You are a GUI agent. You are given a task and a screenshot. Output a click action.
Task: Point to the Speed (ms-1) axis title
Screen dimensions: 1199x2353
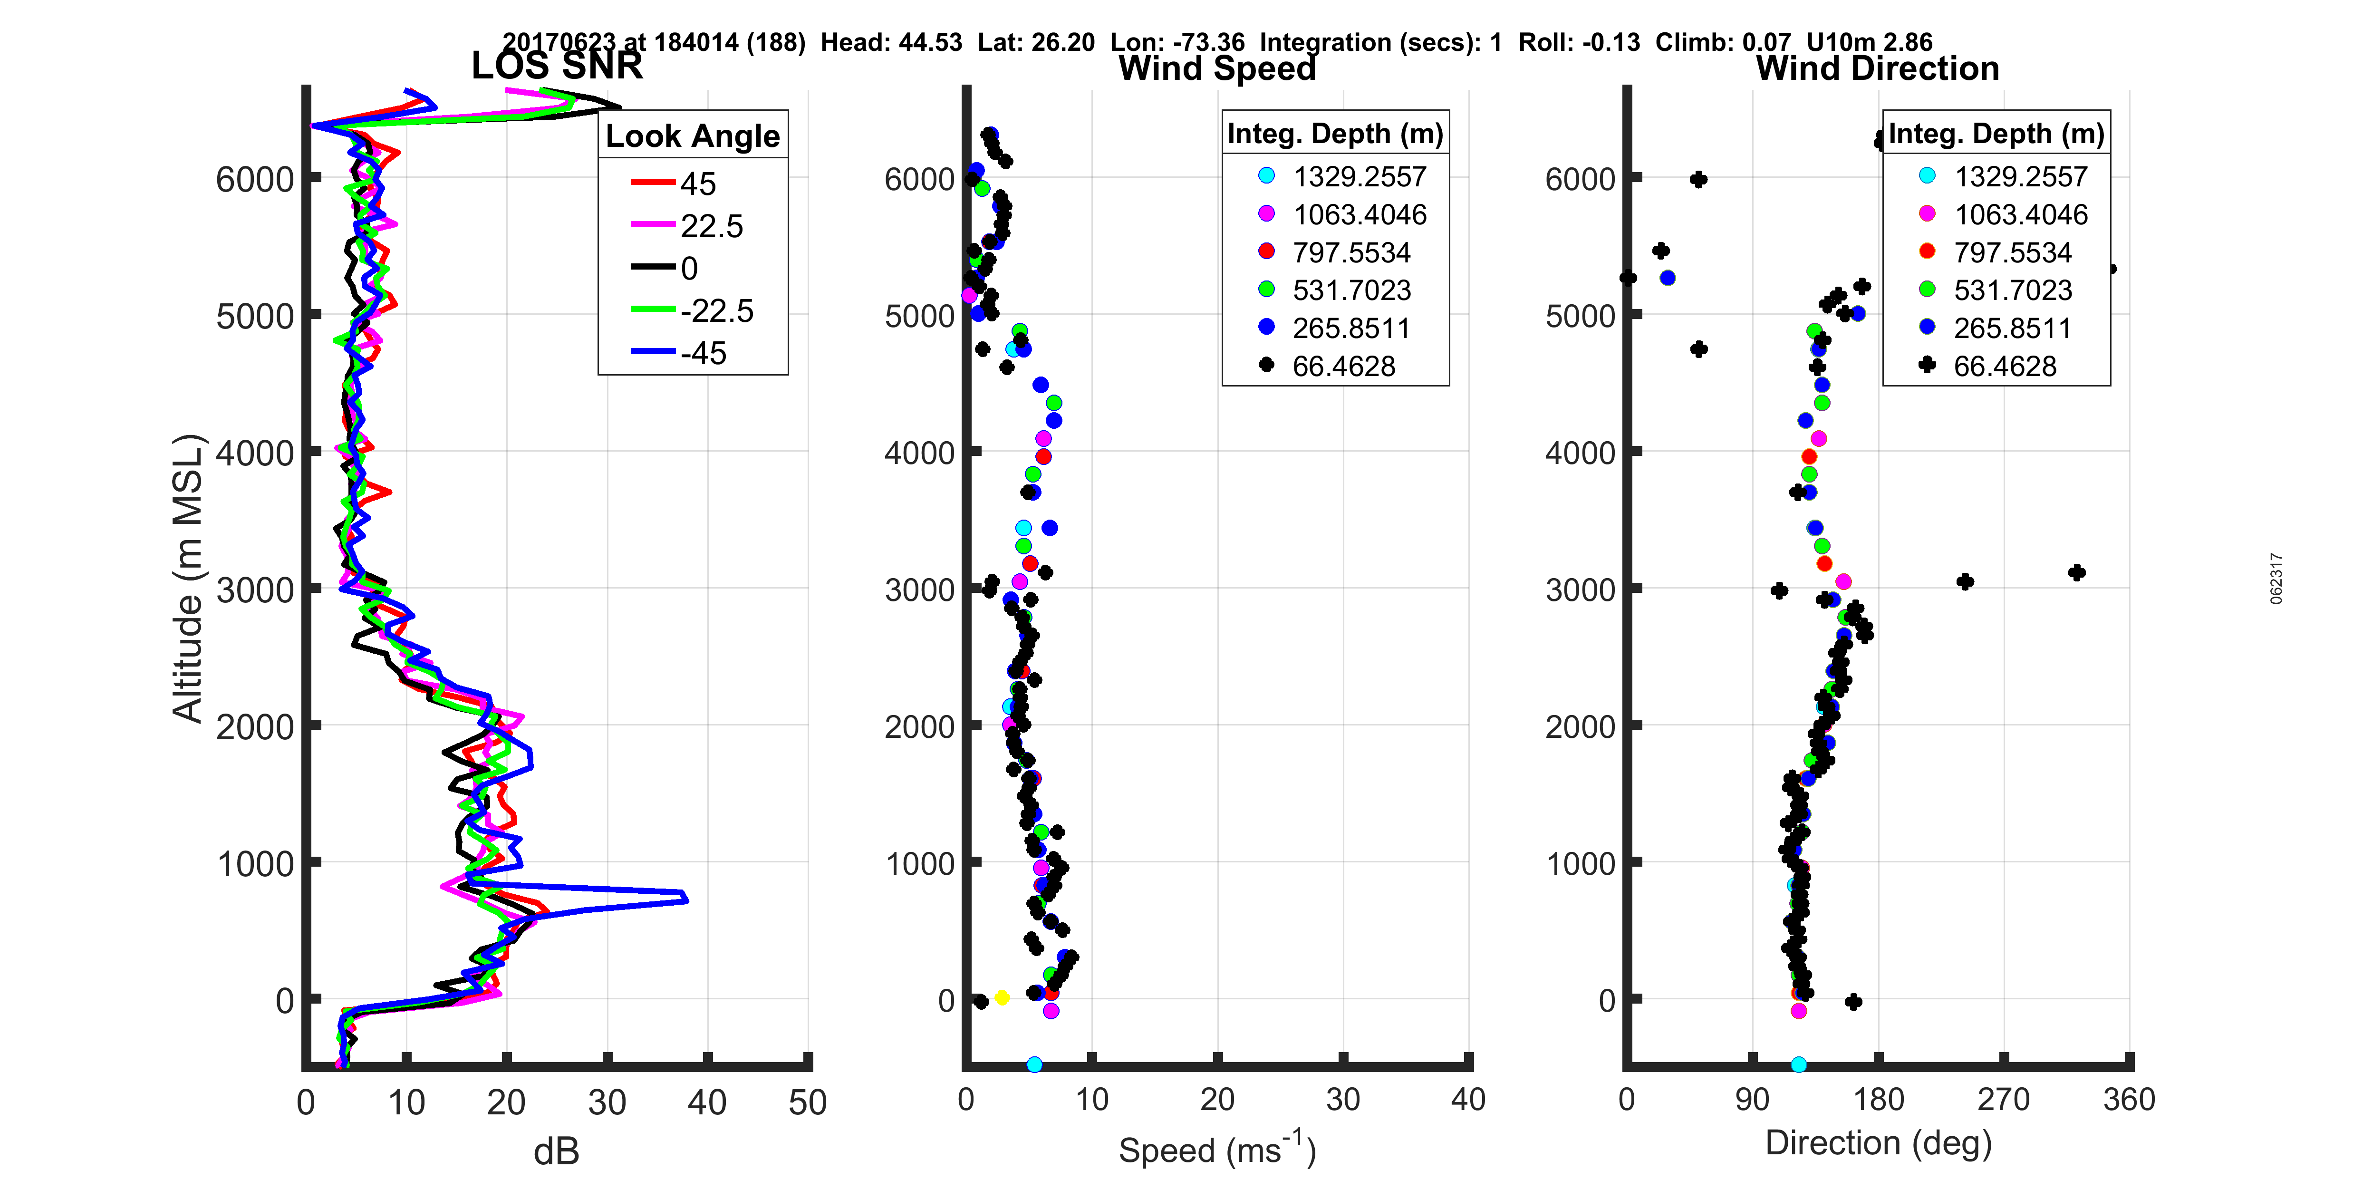coord(1217,1149)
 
